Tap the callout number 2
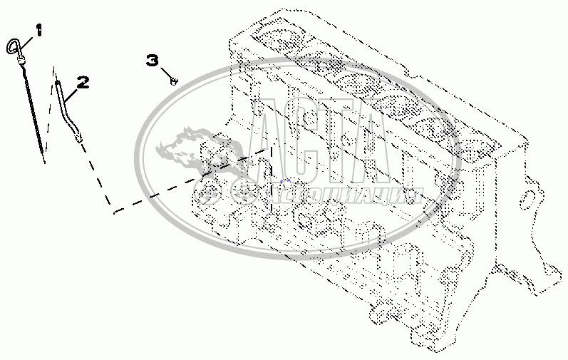click(x=83, y=82)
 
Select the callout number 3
click(x=153, y=61)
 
